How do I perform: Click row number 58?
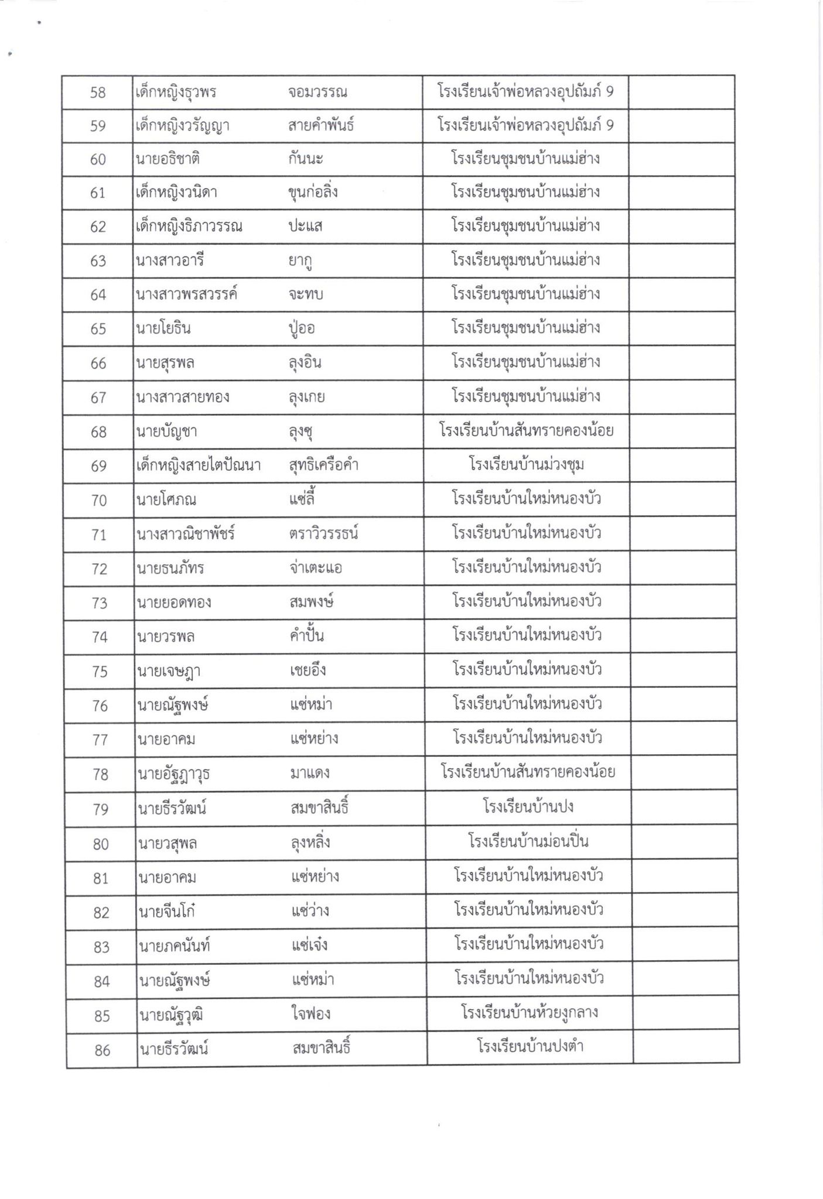pos(98,93)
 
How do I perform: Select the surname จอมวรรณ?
pos(318,93)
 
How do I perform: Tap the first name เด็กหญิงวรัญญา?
pos(182,126)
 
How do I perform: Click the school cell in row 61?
pos(525,193)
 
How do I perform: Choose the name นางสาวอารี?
pos(170,261)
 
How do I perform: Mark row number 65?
pos(98,328)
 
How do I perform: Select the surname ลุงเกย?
pos(307,398)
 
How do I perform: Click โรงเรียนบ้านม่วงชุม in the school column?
pos(527,465)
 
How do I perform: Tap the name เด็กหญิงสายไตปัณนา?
pos(199,466)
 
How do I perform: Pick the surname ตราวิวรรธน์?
pos(323,534)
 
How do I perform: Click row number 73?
pos(100,603)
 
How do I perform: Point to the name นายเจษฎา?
pos(168,671)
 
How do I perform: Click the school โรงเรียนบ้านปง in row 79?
pos(528,807)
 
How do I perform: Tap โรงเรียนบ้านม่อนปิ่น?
pos(528,842)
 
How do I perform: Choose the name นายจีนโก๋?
pos(167,912)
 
